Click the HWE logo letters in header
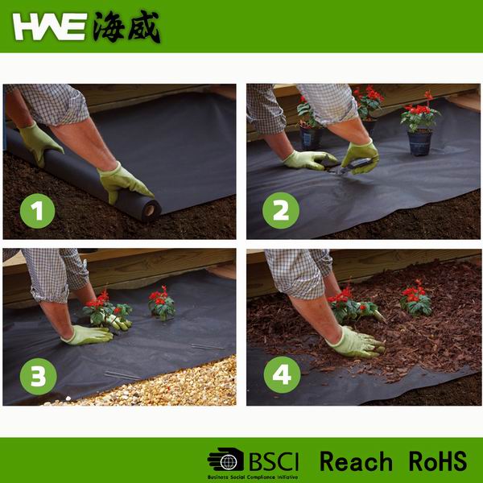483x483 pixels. point(50,27)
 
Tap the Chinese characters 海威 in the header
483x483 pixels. point(126,27)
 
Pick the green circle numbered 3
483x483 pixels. point(38,375)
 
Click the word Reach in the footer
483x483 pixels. point(355,461)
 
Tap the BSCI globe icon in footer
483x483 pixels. point(225,460)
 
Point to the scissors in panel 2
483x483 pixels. point(353,167)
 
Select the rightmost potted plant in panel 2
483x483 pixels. point(420,129)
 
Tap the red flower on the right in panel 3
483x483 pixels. point(160,301)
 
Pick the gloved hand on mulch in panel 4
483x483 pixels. point(354,342)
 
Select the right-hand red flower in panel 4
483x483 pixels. point(416,299)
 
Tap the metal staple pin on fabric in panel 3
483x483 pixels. point(121,374)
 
